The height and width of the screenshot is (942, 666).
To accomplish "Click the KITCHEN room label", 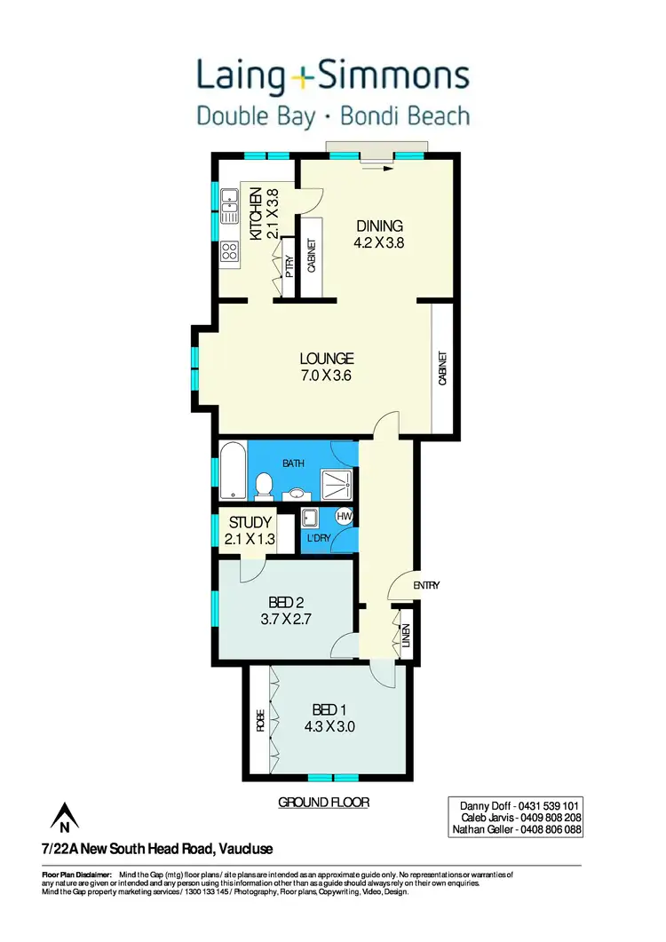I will click(256, 213).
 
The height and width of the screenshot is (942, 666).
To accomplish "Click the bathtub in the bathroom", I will click(233, 470).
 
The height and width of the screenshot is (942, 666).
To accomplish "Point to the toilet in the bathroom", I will click(263, 485).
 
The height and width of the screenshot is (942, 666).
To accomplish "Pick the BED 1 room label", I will click(330, 709).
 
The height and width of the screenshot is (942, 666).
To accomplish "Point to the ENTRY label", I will click(426, 585).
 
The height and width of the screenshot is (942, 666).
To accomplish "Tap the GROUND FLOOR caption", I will click(323, 802).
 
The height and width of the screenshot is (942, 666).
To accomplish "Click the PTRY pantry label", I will click(289, 266).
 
